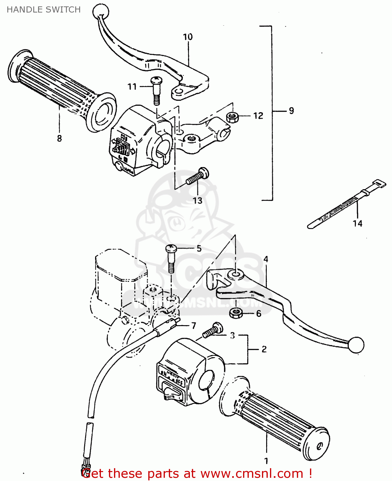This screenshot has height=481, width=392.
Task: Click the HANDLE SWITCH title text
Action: pyautogui.click(x=44, y=10)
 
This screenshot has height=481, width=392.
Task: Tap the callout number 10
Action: pyautogui.click(x=188, y=37)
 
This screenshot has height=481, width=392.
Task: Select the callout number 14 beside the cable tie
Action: pyautogui.click(x=357, y=223)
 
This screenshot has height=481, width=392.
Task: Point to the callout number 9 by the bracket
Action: pyautogui.click(x=291, y=111)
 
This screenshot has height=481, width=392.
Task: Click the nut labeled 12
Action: pyautogui.click(x=232, y=117)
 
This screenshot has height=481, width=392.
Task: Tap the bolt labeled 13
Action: pyautogui.click(x=198, y=177)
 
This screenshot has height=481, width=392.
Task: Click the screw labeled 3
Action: pyautogui.click(x=213, y=331)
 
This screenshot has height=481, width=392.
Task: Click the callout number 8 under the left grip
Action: pyautogui.click(x=59, y=138)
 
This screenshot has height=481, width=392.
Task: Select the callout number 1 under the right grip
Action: pyautogui.click(x=266, y=461)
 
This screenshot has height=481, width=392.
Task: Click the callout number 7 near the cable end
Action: pyautogui.click(x=193, y=325)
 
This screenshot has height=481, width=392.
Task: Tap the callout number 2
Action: pyautogui.click(x=264, y=349)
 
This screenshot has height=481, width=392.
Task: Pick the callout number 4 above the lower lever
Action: pyautogui.click(x=265, y=259)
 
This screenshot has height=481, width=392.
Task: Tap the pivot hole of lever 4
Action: pyautogui.click(x=235, y=274)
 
